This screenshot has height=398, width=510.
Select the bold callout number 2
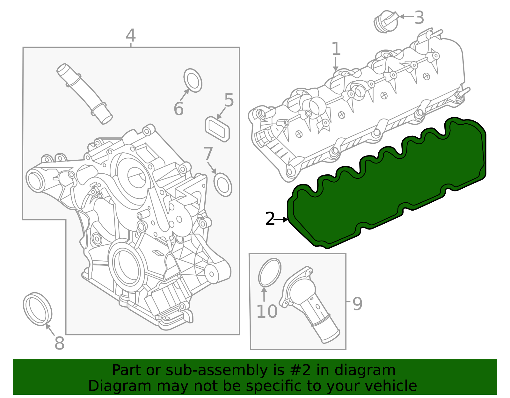pyautogui.click(x=270, y=219)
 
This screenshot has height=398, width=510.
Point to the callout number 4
pyautogui.click(x=131, y=35)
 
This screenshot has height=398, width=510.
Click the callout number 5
pyautogui.click(x=229, y=100)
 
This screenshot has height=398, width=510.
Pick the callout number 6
pyautogui.click(x=178, y=109)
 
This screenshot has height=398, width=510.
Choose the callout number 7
pyautogui.click(x=208, y=154)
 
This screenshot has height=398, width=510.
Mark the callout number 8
pyautogui.click(x=60, y=343)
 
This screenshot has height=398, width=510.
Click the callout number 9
pyautogui.click(x=357, y=304)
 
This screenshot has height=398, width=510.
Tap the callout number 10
pyautogui.click(x=267, y=311)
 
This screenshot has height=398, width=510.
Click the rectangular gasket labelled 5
pyautogui.click(x=217, y=129)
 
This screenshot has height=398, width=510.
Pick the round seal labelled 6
pyautogui.click(x=193, y=80)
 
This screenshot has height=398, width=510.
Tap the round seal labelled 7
pyautogui.click(x=223, y=185)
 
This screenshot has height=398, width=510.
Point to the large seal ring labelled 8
pyautogui.click(x=37, y=309)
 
